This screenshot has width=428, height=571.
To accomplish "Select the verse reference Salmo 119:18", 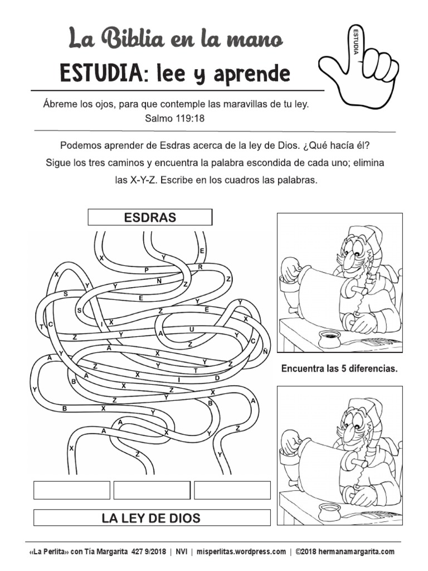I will click(x=176, y=118).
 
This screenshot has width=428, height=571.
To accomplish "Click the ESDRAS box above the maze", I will click(x=150, y=217).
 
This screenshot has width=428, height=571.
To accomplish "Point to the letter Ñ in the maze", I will click(x=266, y=351).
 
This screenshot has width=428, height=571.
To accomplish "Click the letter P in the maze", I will click(x=147, y=270).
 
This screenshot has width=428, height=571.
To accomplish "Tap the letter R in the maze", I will click(x=200, y=267).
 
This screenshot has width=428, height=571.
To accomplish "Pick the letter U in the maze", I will click(x=191, y=330).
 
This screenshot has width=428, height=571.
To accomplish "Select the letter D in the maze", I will click(x=217, y=378).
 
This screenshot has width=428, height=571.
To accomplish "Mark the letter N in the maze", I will click(x=159, y=281).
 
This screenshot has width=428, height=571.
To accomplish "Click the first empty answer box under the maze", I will click(x=72, y=490).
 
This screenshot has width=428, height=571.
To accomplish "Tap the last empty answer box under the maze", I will click(x=232, y=490).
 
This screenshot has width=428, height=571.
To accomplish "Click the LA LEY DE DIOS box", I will click(x=152, y=518).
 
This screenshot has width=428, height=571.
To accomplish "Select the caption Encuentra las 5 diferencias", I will click(x=339, y=369).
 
